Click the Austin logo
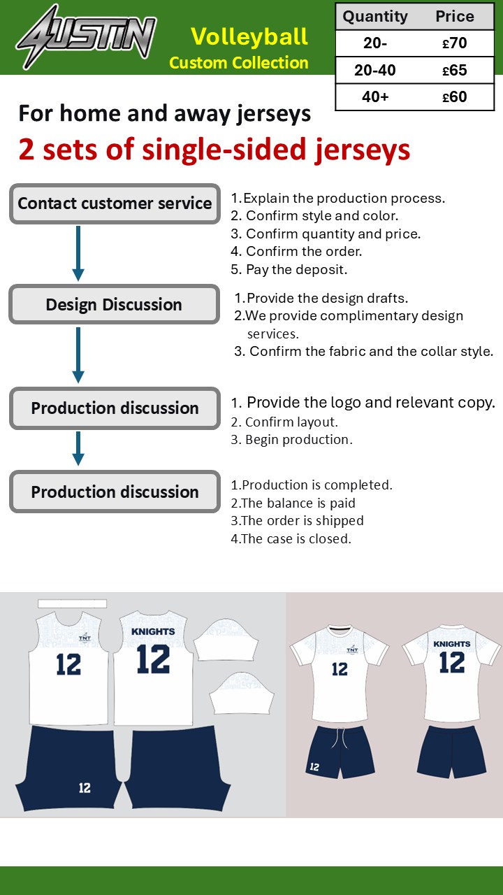coord(86,38)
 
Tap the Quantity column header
coord(375,16)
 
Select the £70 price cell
coord(454,43)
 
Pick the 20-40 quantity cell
coord(375,71)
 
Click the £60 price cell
coord(454,96)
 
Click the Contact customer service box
coord(115,203)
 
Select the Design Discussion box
coord(114,304)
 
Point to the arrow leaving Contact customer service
coord(78,253)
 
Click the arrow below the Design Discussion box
coord(78,355)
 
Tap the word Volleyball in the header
coord(249,37)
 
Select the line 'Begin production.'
coord(291,440)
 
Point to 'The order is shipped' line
coord(297,521)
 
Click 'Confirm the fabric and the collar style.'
coord(364,351)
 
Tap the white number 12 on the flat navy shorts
coord(85,788)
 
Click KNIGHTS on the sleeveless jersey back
coord(153,631)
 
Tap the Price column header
coord(455,16)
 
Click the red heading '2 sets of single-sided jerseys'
coord(214,150)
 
